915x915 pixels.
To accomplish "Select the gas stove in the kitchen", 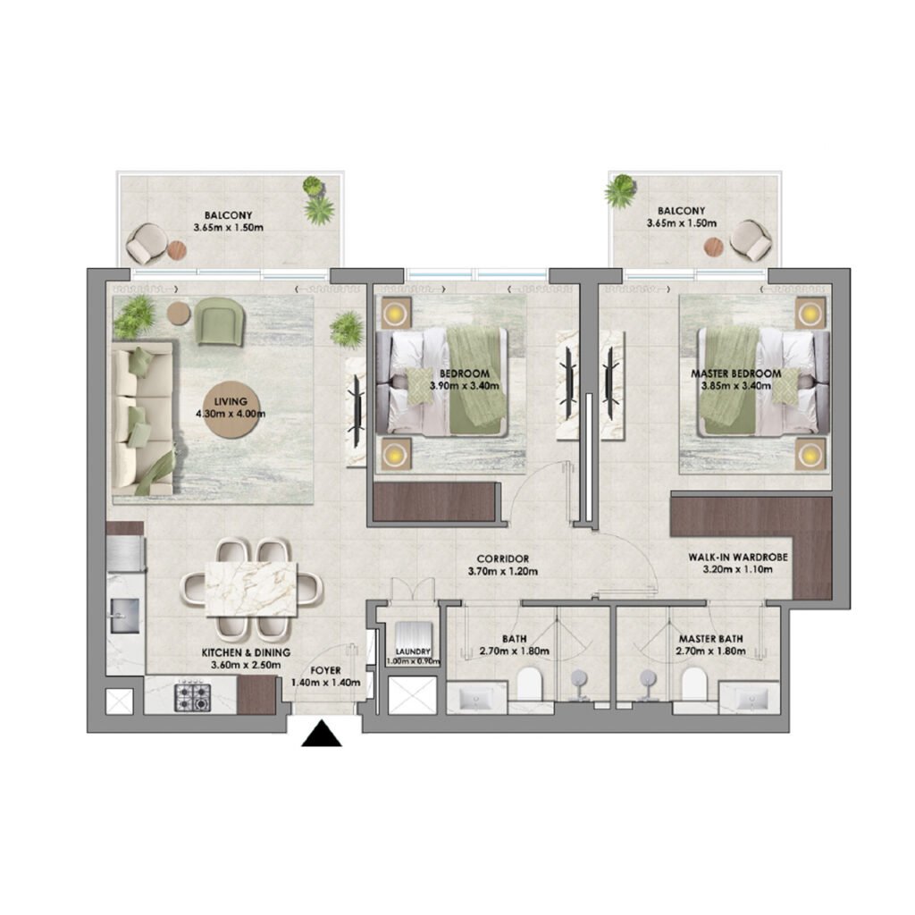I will pyautogui.click(x=191, y=695).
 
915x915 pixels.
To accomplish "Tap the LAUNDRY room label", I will pyautogui.click(x=413, y=652).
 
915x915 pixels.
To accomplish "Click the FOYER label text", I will pyautogui.click(x=325, y=669).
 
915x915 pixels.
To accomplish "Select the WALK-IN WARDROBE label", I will pyautogui.click(x=738, y=557).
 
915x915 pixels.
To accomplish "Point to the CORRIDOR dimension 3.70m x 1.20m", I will pyautogui.click(x=503, y=572).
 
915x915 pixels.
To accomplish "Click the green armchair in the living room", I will pyautogui.click(x=219, y=320).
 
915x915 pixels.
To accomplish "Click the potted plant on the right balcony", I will pyautogui.click(x=619, y=191).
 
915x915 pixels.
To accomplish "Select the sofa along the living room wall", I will pyautogui.click(x=141, y=422).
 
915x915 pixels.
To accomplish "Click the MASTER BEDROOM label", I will pyautogui.click(x=735, y=373).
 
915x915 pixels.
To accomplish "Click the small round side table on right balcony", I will pyautogui.click(x=713, y=246).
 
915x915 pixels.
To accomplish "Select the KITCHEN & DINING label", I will pyautogui.click(x=246, y=653).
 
